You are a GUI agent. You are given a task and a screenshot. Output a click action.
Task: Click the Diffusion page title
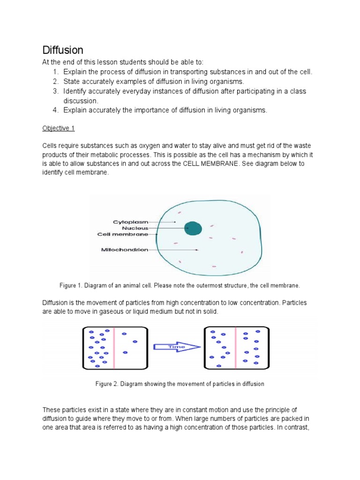(63, 50)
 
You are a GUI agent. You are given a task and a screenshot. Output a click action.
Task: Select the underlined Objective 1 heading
(58, 128)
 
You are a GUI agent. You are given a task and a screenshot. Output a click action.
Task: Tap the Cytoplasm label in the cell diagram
(130, 221)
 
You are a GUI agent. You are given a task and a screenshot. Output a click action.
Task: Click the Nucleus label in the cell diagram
(135, 228)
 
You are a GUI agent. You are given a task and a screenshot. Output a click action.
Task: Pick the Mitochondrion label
(125, 250)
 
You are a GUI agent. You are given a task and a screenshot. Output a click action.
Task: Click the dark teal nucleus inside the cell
(193, 228)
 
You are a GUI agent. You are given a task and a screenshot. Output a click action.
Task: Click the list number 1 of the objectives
(55, 72)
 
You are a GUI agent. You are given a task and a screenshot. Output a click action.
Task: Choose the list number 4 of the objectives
(55, 110)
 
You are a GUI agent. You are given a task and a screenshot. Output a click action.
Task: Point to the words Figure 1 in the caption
(71, 285)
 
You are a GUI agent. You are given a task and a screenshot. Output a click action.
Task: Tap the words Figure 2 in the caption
(106, 384)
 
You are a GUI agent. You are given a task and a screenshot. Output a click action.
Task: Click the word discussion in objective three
(80, 101)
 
